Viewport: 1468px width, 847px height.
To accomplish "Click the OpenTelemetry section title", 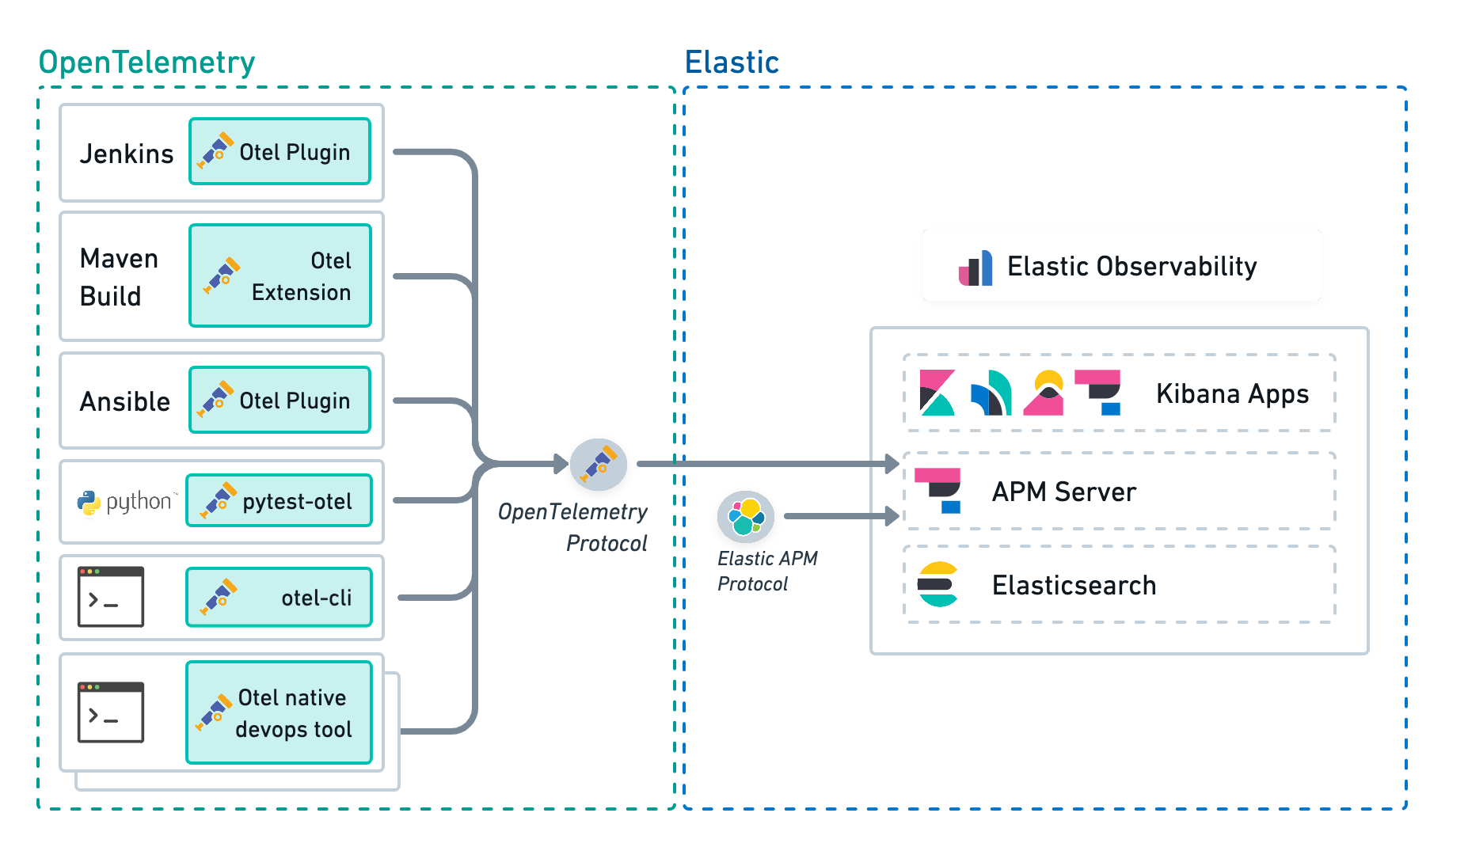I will pos(146,62).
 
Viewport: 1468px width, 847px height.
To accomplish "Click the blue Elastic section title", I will pos(732,62).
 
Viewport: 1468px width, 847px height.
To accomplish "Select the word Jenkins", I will pos(127,154).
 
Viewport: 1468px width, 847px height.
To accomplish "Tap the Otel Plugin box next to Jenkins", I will pos(280,152).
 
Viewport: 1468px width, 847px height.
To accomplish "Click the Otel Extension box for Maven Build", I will pos(280,275).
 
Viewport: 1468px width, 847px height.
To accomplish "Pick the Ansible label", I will pos(125,401).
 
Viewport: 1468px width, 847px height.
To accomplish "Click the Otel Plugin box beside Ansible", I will pos(280,401).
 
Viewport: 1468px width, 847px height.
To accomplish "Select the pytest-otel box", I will pos(279,501).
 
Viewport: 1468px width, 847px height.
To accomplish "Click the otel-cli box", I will pos(279,598).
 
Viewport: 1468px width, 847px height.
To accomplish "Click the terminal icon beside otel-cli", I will pos(111,597).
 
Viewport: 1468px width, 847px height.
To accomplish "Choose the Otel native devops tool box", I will pos(279,712).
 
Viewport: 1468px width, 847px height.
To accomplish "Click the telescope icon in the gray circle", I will pos(599,465).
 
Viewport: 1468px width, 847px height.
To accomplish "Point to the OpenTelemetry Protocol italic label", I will pos(573,527).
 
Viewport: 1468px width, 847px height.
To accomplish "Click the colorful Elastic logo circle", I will pos(745,516).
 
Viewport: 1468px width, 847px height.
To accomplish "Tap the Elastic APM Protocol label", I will pos(766,571).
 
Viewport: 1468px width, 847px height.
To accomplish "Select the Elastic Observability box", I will pos(1121,266).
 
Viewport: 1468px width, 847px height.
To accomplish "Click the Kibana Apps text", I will pos(1232,393).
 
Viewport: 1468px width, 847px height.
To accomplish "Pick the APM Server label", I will pos(1063,492).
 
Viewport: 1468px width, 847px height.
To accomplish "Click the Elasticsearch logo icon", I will pos(937,584).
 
